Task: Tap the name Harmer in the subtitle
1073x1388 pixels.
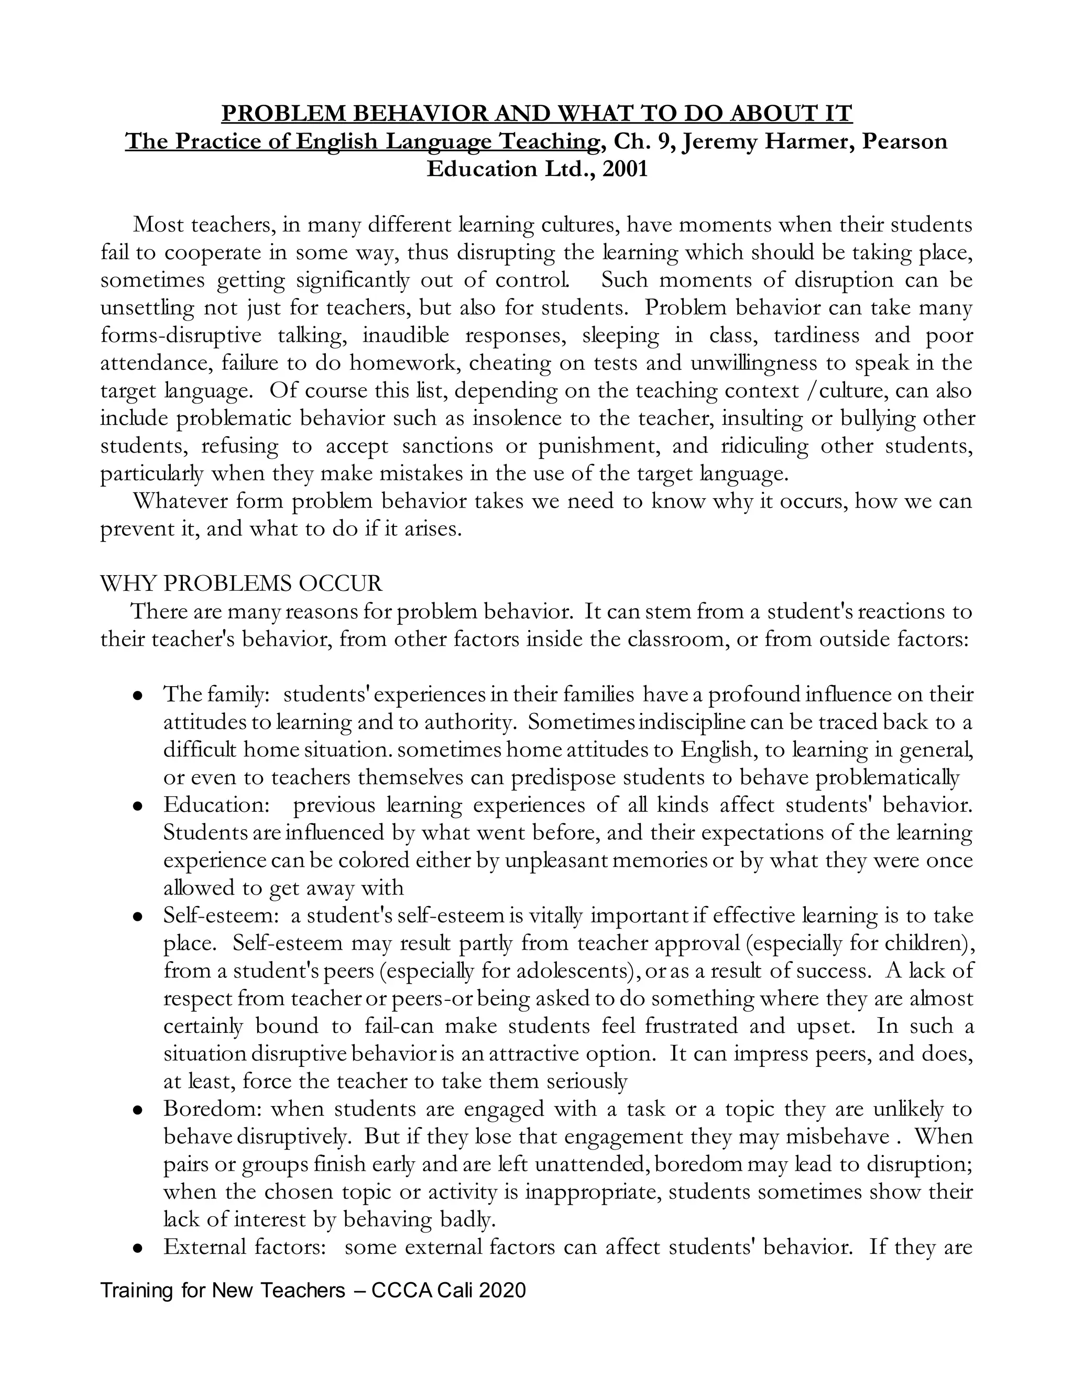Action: coord(806,141)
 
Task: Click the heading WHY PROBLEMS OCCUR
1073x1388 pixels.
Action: coord(242,583)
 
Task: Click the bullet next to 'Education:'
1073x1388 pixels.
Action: coord(137,806)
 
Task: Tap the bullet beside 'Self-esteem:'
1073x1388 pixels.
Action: coord(137,917)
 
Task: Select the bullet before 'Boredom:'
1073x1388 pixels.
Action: coord(137,1110)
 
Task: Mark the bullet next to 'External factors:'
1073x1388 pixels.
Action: coord(137,1248)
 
